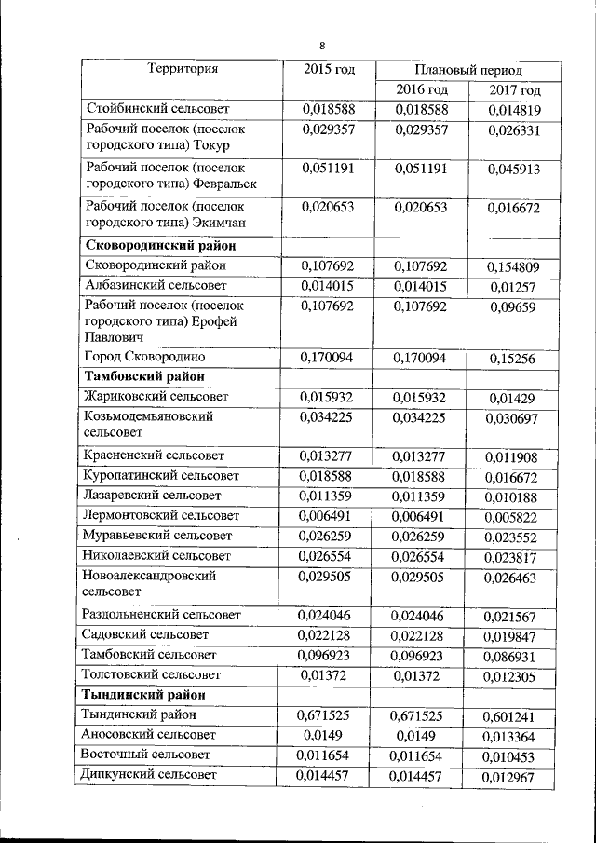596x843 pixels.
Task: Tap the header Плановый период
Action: (x=467, y=70)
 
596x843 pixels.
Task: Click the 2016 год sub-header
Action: (x=422, y=90)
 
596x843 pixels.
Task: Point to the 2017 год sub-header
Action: (x=515, y=90)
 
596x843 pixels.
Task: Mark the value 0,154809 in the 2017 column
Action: (x=515, y=267)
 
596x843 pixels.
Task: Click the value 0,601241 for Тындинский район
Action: (x=515, y=717)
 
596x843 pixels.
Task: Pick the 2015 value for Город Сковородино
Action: (x=328, y=356)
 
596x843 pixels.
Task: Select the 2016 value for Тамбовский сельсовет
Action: (x=421, y=655)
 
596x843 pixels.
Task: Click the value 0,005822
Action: (x=515, y=517)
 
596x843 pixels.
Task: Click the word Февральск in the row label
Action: (x=224, y=184)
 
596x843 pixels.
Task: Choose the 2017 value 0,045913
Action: (x=515, y=170)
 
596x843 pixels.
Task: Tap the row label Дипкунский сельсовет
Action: (x=149, y=774)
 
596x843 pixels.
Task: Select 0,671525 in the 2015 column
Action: (x=328, y=715)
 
